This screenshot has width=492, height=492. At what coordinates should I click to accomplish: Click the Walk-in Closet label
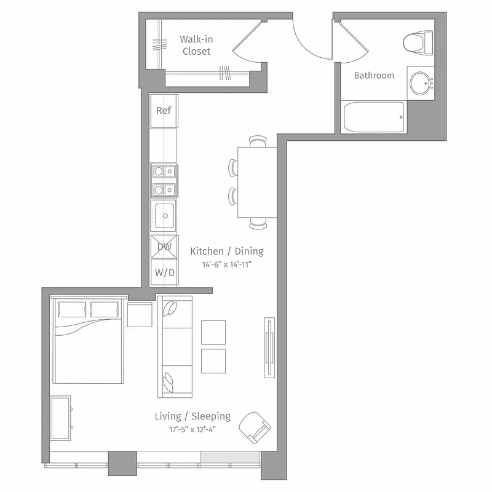196,45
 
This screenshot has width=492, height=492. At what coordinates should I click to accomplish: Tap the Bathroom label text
374,76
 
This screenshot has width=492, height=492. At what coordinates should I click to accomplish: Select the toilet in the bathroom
418,42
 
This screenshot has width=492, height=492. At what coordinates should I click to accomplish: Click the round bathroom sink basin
421,83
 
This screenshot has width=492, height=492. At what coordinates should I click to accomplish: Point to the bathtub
374,116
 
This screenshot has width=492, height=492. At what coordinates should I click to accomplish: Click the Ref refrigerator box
164,111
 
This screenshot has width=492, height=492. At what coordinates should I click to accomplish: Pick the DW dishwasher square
164,247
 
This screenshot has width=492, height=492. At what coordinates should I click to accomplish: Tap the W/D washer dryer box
164,272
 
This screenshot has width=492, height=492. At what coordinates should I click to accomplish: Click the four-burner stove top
164,180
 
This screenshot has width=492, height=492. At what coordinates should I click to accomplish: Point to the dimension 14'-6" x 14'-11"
227,265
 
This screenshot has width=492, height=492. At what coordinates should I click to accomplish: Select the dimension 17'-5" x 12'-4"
192,429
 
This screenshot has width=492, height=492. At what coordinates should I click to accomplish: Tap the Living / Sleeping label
192,416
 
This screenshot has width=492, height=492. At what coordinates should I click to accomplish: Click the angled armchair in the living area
254,425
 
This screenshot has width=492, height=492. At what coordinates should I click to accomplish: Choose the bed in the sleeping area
87,342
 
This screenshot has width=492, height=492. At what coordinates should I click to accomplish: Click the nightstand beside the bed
140,314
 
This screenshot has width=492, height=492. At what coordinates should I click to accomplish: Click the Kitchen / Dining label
227,251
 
